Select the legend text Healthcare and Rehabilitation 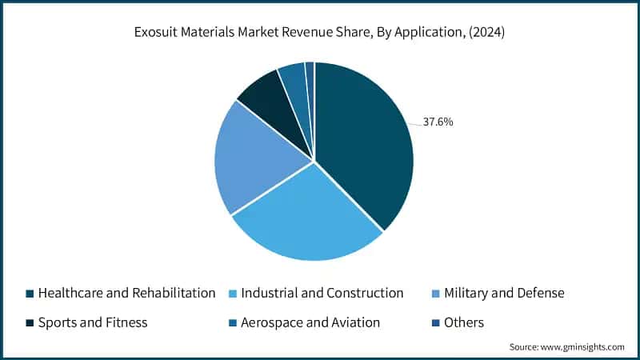pos(126,293)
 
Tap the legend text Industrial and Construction pos(322,293)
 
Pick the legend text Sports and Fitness pos(93,322)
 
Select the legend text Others pos(466,322)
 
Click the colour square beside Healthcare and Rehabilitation pos(30,294)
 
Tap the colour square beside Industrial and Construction pos(233,294)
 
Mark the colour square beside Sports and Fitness pos(30,323)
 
